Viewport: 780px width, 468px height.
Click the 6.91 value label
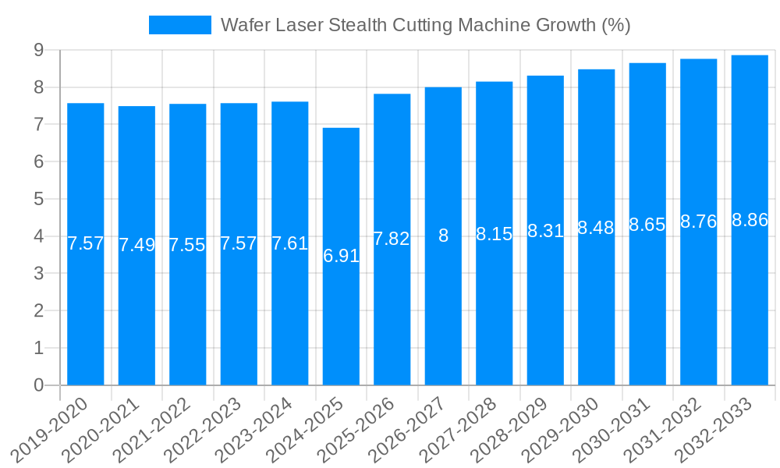pyautogui.click(x=341, y=256)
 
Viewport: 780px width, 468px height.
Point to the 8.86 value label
pyautogui.click(x=750, y=220)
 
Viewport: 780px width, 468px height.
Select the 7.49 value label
pyautogui.click(x=136, y=245)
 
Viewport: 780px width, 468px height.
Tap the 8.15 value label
pyautogui.click(x=495, y=234)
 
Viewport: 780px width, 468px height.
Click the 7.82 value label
pyautogui.click(x=392, y=239)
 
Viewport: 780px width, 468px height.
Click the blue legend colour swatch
pyautogui.click(x=180, y=25)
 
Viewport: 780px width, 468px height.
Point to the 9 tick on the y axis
pyautogui.click(x=38, y=50)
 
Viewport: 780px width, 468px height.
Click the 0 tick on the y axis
pyautogui.click(x=38, y=385)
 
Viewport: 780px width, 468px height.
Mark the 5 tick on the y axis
pyautogui.click(x=38, y=199)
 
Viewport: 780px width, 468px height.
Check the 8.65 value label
pyautogui.click(x=647, y=225)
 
